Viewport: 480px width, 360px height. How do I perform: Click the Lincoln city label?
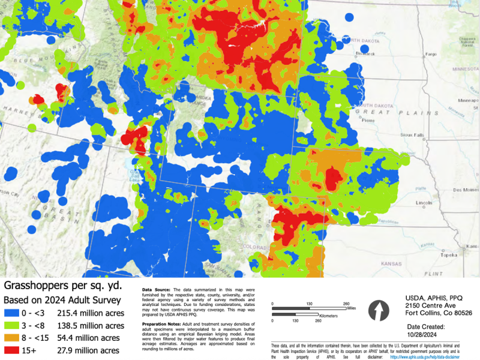tap(424, 202)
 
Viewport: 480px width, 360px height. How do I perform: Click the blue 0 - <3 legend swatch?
tap(13, 313)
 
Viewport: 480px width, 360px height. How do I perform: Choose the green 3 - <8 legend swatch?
tap(13, 326)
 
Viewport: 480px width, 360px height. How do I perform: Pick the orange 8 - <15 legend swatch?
tap(13, 338)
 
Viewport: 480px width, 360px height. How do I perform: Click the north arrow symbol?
tap(377, 311)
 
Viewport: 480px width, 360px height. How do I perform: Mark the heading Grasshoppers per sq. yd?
tap(59, 286)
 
